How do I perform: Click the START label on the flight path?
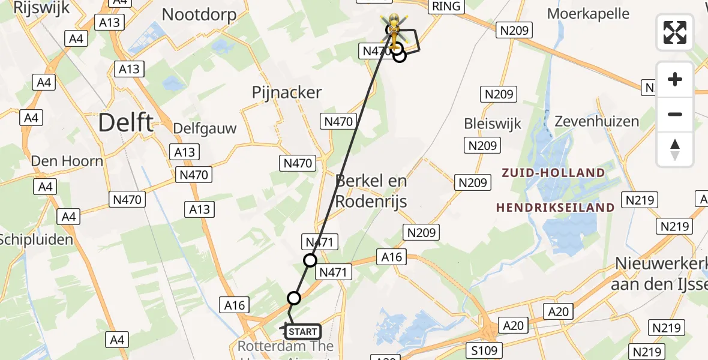pyautogui.click(x=303, y=332)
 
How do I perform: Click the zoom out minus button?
pyautogui.click(x=675, y=114)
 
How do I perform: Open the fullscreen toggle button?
pyautogui.click(x=675, y=32)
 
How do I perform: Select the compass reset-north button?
pyautogui.click(x=675, y=149)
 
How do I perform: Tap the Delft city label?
pyautogui.click(x=125, y=122)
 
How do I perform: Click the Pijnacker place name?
pyautogui.click(x=287, y=92)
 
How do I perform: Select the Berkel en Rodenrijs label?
pyautogui.click(x=371, y=191)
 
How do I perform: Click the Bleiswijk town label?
pyautogui.click(x=493, y=124)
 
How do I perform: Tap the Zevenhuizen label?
pyautogui.click(x=597, y=121)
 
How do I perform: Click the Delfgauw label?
pyautogui.click(x=205, y=128)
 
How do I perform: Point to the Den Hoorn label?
pyautogui.click(x=67, y=161)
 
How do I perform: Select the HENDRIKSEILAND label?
pyautogui.click(x=555, y=208)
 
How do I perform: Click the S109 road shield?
pyautogui.click(x=484, y=350)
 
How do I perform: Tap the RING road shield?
pyautogui.click(x=446, y=7)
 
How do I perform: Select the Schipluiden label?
pyautogui.click(x=36, y=239)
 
